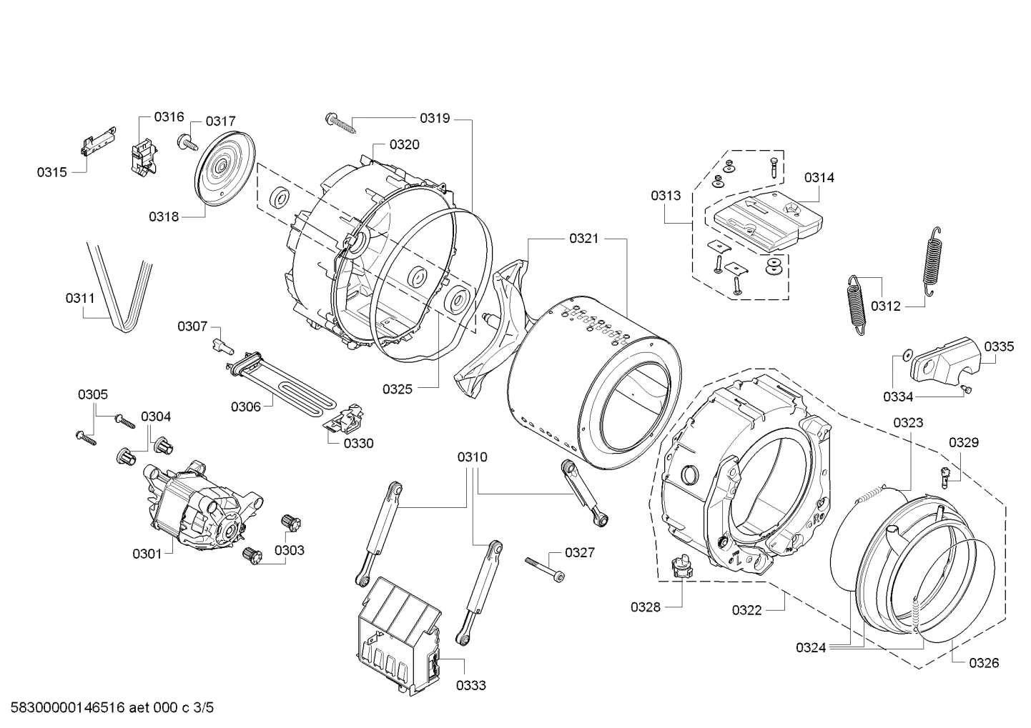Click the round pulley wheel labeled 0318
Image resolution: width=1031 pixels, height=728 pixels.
click(x=225, y=169)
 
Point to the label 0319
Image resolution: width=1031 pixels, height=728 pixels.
click(x=435, y=119)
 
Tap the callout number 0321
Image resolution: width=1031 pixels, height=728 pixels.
click(x=583, y=239)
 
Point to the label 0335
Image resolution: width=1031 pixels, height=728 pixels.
click(x=998, y=347)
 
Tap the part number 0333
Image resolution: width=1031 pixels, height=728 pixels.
click(x=471, y=685)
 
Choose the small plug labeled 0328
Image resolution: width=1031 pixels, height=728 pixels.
click(x=681, y=570)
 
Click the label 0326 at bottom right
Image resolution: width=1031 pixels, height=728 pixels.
click(x=984, y=662)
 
